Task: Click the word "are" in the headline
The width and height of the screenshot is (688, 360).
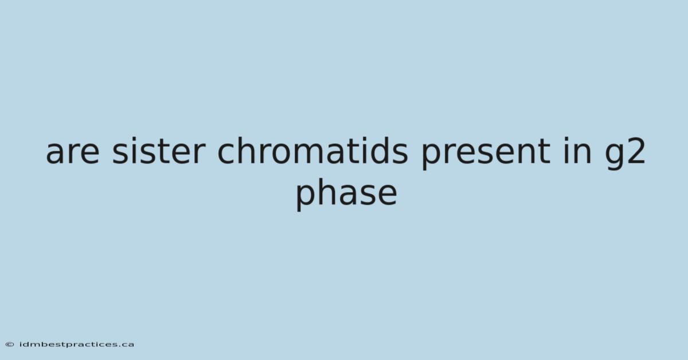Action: [72, 152]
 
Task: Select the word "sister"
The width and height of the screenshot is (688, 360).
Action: [158, 150]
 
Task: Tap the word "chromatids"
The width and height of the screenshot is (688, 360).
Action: [312, 150]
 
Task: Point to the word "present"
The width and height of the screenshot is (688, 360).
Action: [485, 154]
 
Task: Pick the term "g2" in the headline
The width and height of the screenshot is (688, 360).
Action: [625, 154]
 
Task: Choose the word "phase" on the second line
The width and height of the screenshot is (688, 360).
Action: [346, 194]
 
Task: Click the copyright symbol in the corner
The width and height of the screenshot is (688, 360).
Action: [10, 345]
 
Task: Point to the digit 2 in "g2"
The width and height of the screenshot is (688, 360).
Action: [636, 151]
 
